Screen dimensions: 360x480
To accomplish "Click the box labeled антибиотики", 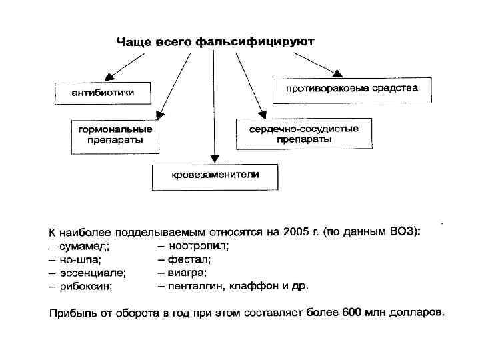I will [x=102, y=93].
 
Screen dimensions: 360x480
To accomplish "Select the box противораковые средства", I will [x=352, y=89].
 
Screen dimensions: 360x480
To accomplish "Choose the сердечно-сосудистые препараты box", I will [x=304, y=133].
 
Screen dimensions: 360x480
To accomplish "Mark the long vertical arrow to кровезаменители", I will [x=213, y=107].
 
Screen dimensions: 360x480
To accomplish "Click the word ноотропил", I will [x=199, y=245].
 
